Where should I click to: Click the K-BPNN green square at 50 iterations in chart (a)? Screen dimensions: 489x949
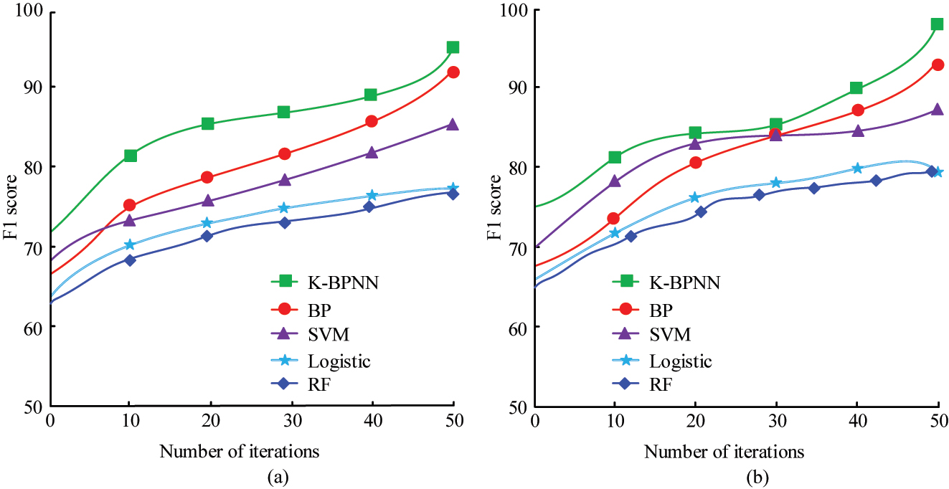click(453, 47)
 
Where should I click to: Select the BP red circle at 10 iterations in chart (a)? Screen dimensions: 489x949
click(130, 205)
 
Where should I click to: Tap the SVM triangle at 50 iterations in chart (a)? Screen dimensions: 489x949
click(453, 124)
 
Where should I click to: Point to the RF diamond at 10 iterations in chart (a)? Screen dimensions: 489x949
click(130, 260)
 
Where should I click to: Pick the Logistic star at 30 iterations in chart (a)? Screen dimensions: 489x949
click(284, 208)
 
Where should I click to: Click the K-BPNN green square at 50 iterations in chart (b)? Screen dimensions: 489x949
click(937, 24)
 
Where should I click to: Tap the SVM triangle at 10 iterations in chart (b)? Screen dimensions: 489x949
click(615, 181)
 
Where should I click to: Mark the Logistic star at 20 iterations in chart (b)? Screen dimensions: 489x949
click(695, 197)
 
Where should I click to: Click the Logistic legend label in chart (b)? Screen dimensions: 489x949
click(825, 361)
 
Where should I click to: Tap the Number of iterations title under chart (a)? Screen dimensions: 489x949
click(240, 452)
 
